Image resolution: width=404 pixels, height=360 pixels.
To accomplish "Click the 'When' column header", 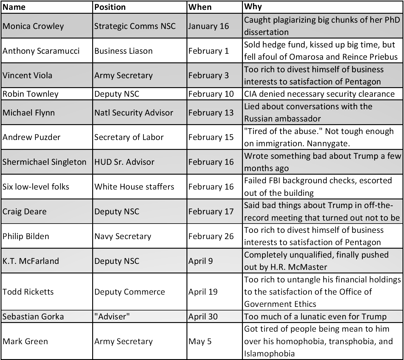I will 200,7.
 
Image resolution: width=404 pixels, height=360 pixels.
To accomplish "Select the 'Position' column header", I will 110,7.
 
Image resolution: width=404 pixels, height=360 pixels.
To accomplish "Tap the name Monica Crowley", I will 33,26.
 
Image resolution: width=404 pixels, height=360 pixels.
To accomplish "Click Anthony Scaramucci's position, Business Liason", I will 123,51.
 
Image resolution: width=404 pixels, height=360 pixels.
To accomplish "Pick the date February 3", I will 209,75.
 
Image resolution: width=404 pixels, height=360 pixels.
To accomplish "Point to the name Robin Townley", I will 30,94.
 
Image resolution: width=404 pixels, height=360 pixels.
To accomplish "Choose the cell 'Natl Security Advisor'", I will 134,113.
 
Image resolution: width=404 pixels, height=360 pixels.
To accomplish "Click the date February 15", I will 211,137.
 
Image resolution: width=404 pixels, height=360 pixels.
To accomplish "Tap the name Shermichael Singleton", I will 44,162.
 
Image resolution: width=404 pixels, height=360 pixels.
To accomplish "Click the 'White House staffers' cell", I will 134,187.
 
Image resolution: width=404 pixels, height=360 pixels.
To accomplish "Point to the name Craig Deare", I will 24,211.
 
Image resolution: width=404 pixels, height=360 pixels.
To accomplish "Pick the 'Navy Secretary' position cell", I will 123,236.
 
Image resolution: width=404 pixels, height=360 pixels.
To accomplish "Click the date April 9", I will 201,261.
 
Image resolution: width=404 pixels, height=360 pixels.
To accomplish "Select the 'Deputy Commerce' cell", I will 129,292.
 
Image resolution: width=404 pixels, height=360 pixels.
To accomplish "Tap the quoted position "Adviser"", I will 112,316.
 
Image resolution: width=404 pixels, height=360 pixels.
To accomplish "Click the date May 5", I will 200,341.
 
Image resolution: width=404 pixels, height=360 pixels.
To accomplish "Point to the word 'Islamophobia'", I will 269,354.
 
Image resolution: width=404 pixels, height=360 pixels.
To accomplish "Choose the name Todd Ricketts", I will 28,292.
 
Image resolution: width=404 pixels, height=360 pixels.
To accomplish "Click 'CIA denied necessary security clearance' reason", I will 319,94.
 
